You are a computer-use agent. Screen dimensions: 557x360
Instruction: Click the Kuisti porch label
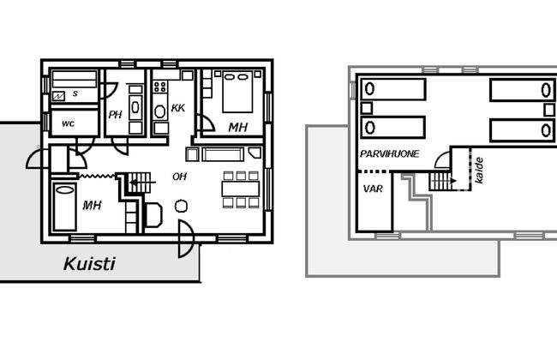click(x=89, y=264)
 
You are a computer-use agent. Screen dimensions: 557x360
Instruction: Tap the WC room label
click(x=69, y=123)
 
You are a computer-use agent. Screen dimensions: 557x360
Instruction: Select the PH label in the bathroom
click(x=115, y=115)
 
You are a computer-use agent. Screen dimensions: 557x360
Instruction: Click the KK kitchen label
click(x=177, y=108)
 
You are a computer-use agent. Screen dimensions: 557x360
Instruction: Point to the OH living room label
click(x=179, y=177)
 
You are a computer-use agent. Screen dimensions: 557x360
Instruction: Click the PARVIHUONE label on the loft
click(x=389, y=153)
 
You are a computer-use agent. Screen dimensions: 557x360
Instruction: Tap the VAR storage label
click(x=373, y=189)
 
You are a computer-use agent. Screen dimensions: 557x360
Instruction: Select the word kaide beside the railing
click(x=479, y=171)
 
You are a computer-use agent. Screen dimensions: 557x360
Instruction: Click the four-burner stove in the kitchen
click(x=160, y=87)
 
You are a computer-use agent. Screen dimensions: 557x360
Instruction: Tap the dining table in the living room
click(x=241, y=189)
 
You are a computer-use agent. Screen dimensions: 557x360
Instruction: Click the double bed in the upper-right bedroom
click(x=237, y=92)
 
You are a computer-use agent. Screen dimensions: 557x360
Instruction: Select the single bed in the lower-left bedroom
click(x=64, y=207)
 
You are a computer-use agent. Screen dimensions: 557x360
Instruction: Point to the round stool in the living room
click(x=181, y=206)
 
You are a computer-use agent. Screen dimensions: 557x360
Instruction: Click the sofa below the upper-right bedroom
click(x=223, y=154)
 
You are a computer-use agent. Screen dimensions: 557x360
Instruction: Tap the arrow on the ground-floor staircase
click(x=143, y=183)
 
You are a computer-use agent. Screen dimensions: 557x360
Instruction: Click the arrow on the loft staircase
click(x=444, y=181)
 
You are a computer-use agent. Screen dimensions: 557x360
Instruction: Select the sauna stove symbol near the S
click(x=58, y=96)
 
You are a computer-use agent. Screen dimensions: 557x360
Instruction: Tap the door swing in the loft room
click(x=443, y=159)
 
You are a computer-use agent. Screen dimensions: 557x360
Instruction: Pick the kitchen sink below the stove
click(x=160, y=111)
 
